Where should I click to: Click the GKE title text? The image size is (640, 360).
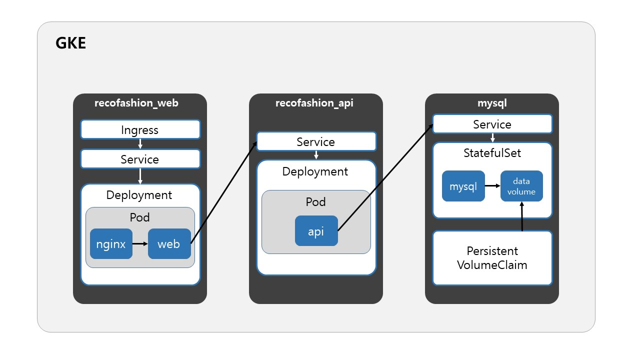click(70, 43)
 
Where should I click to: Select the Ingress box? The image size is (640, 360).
click(140, 129)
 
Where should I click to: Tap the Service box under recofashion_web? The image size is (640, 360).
click(140, 159)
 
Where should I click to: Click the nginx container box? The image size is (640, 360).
click(111, 243)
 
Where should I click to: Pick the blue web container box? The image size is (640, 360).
click(169, 243)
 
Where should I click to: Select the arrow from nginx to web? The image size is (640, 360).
click(140, 243)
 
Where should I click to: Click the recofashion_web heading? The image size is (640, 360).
click(136, 103)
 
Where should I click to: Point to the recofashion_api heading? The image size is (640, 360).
click(314, 103)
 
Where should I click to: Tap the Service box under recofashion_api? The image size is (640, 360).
click(316, 141)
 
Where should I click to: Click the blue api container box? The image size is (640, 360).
click(316, 231)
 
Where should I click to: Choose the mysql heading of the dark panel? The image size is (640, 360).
click(492, 103)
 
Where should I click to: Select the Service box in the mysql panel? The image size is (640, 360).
click(492, 124)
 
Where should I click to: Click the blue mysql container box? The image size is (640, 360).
click(463, 186)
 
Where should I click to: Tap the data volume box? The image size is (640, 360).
click(521, 186)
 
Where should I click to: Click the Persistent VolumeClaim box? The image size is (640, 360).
click(492, 258)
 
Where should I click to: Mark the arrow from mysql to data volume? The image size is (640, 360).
click(492, 186)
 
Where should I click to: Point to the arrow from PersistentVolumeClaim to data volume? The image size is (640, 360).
click(522, 216)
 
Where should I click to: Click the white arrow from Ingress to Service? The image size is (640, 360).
click(140, 144)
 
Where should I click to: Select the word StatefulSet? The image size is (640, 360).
click(492, 153)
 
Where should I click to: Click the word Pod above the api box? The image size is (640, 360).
click(315, 202)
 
